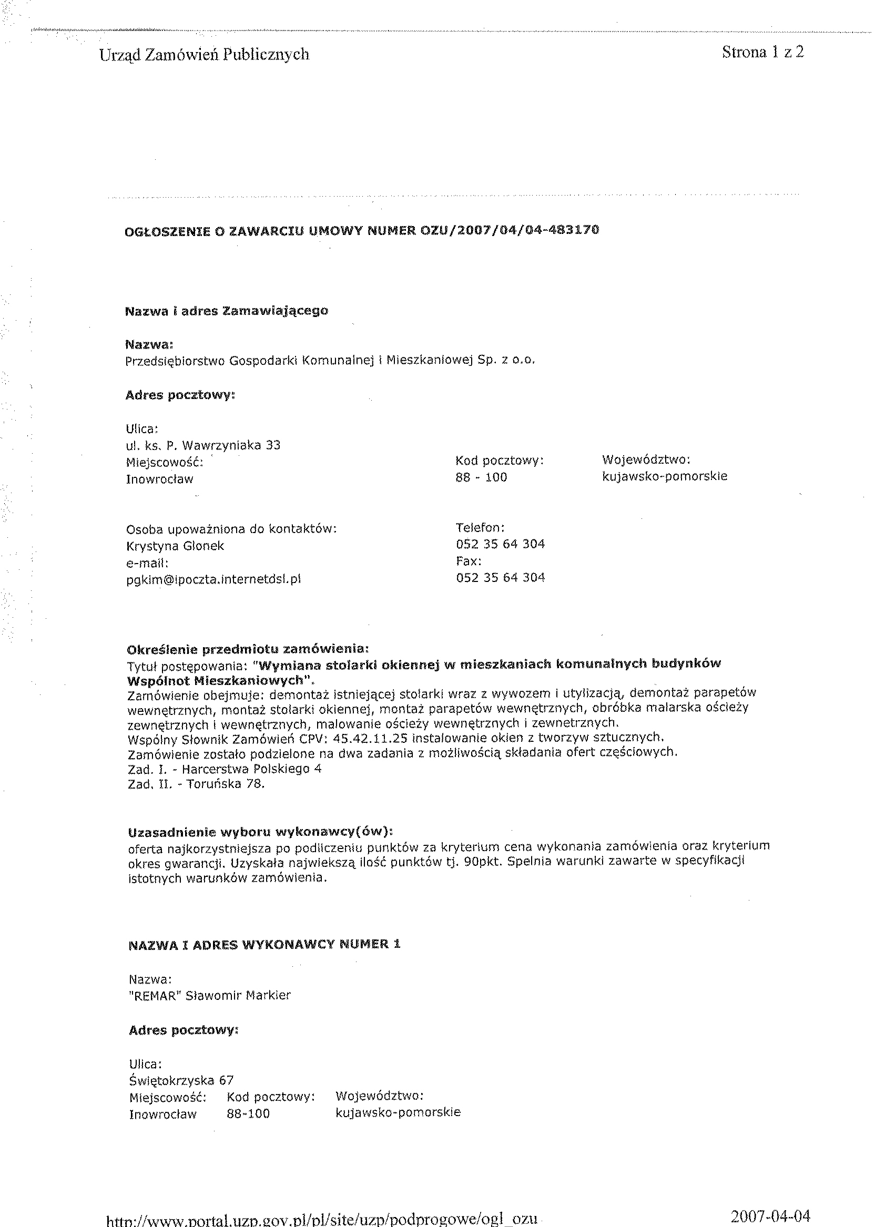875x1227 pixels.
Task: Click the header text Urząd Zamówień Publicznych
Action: click(x=204, y=54)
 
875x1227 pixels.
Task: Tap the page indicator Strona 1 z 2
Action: click(x=763, y=52)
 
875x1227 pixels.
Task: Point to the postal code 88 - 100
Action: click(x=481, y=477)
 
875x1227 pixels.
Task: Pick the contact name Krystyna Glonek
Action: click(x=175, y=546)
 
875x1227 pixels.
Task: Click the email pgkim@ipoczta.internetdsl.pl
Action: click(x=213, y=579)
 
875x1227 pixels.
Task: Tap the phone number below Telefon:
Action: click(x=501, y=544)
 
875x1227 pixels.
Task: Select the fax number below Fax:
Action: click(x=501, y=578)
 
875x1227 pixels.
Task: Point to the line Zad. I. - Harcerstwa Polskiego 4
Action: click(x=224, y=769)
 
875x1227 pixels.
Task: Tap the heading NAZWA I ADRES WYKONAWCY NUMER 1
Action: click(x=264, y=944)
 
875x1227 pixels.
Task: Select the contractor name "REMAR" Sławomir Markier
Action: click(x=210, y=995)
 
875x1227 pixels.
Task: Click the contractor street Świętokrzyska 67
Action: click(x=181, y=1079)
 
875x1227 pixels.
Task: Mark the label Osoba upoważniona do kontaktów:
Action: click(x=231, y=529)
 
